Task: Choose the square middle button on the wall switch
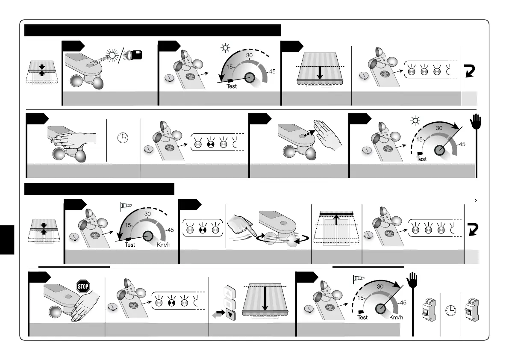coord(229,305)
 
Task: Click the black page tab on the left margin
coord(7,239)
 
